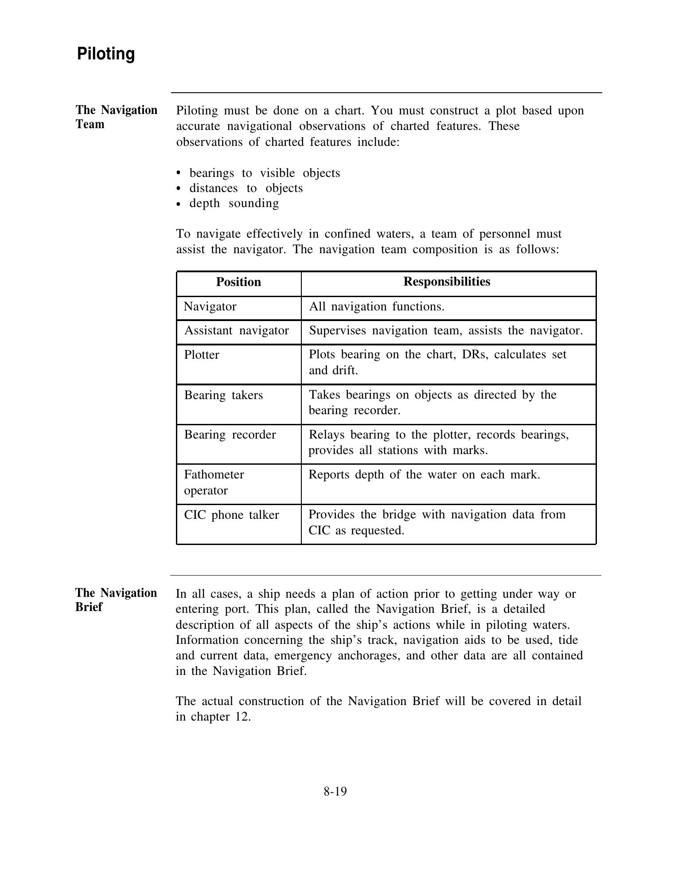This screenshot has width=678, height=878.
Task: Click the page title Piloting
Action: [106, 54]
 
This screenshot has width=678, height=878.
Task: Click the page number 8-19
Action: [335, 791]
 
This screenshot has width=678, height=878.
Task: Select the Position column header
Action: [238, 282]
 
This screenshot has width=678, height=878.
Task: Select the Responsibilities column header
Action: [447, 282]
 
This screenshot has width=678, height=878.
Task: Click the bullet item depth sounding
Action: [234, 203]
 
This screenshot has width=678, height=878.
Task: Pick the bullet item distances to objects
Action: [246, 188]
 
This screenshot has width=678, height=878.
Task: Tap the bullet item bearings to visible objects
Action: [265, 173]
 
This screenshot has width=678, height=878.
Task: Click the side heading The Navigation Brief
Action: [116, 600]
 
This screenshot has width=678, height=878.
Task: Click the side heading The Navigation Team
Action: [116, 117]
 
